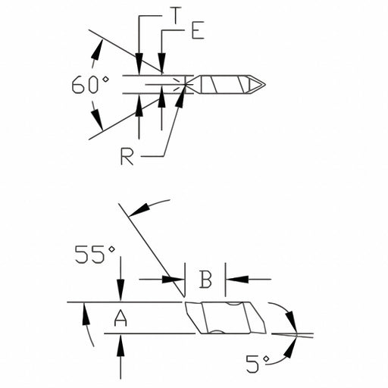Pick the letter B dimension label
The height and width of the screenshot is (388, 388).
tap(205, 279)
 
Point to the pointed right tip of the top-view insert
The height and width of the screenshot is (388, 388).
tap(264, 84)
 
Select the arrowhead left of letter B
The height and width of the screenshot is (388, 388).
tap(177, 279)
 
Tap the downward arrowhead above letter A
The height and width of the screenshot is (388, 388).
tap(120, 295)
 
